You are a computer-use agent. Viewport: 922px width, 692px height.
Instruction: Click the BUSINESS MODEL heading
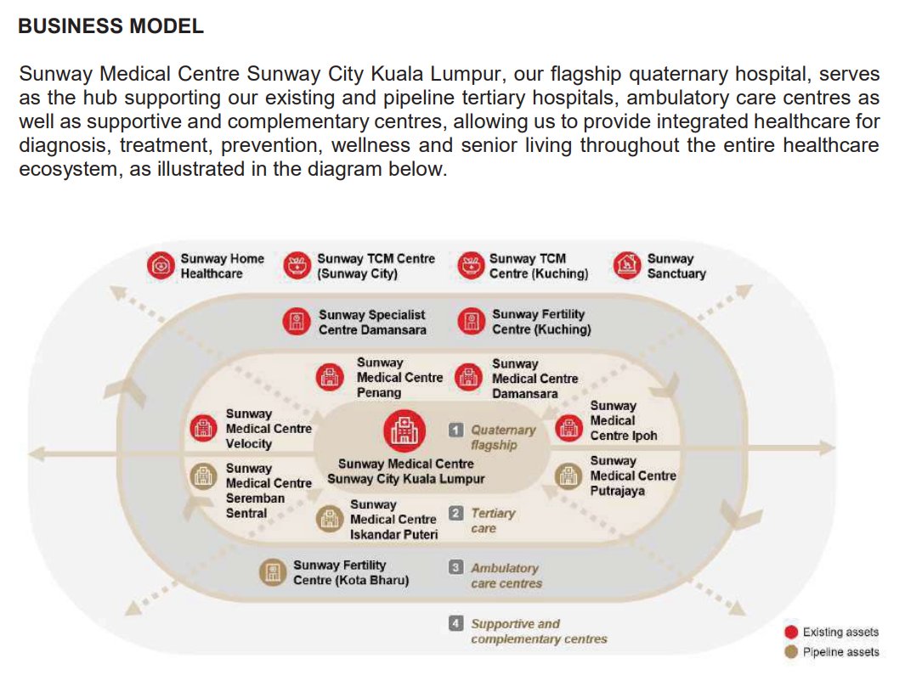tap(110, 26)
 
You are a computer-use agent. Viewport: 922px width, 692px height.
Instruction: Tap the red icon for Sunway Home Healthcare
tap(161, 266)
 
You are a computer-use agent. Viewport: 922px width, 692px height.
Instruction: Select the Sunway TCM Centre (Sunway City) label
tap(376, 266)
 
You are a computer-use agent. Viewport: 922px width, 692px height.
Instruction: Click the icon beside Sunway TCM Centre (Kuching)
tap(471, 266)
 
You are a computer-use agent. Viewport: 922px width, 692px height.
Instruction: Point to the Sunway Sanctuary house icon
tap(627, 266)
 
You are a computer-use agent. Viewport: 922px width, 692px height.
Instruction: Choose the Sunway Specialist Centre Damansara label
tap(372, 322)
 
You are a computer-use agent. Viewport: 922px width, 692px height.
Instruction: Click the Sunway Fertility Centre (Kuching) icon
tap(471, 322)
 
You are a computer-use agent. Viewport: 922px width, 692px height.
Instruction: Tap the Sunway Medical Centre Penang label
tap(399, 378)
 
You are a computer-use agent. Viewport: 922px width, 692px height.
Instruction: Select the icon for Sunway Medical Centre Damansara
tap(468, 378)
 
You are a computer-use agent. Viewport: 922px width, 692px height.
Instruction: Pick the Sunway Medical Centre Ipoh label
tap(623, 421)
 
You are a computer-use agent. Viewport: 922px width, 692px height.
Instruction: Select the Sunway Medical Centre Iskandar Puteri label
tap(393, 520)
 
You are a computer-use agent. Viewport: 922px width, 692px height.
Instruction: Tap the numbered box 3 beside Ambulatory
tap(456, 567)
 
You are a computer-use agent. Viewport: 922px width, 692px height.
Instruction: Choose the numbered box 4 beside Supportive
tap(456, 623)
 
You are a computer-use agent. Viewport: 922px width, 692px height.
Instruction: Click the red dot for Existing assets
tap(791, 632)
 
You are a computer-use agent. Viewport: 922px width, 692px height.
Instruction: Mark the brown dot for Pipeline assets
tap(791, 652)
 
